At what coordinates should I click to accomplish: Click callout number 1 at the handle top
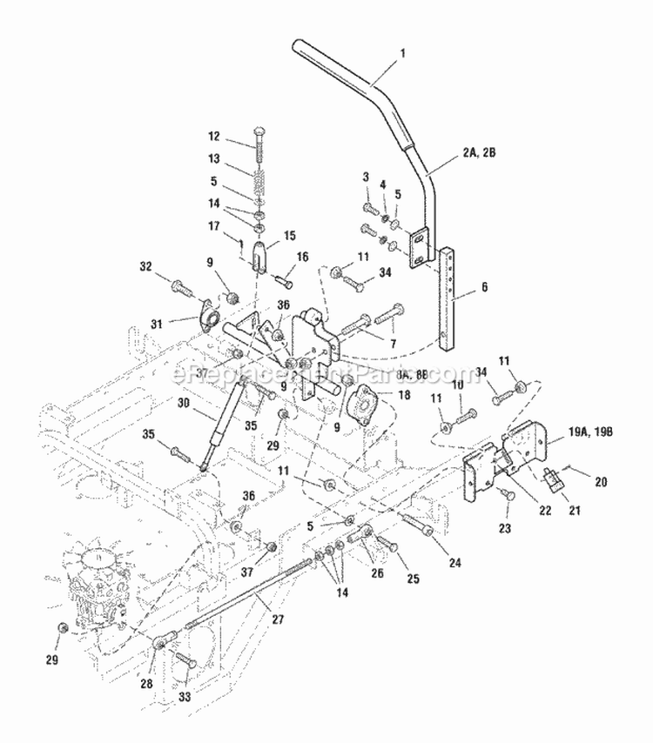(x=402, y=54)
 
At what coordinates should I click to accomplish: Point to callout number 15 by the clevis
(x=289, y=235)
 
